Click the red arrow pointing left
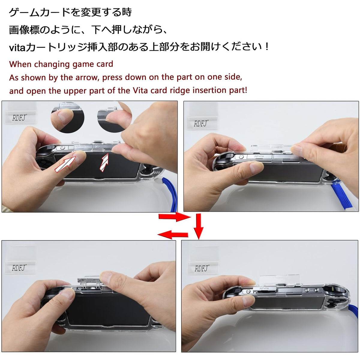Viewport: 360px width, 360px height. pyautogui.click(x=172, y=235)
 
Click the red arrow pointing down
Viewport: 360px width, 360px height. pyautogui.click(x=199, y=226)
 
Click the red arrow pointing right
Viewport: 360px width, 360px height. pyautogui.click(x=175, y=217)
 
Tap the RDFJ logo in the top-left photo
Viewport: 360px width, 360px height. pyautogui.click(x=19, y=118)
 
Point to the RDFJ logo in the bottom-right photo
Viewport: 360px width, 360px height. pyautogui.click(x=202, y=268)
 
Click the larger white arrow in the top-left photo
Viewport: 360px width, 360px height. pyautogui.click(x=65, y=164)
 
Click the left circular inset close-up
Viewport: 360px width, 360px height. pyautogui.click(x=67, y=118)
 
